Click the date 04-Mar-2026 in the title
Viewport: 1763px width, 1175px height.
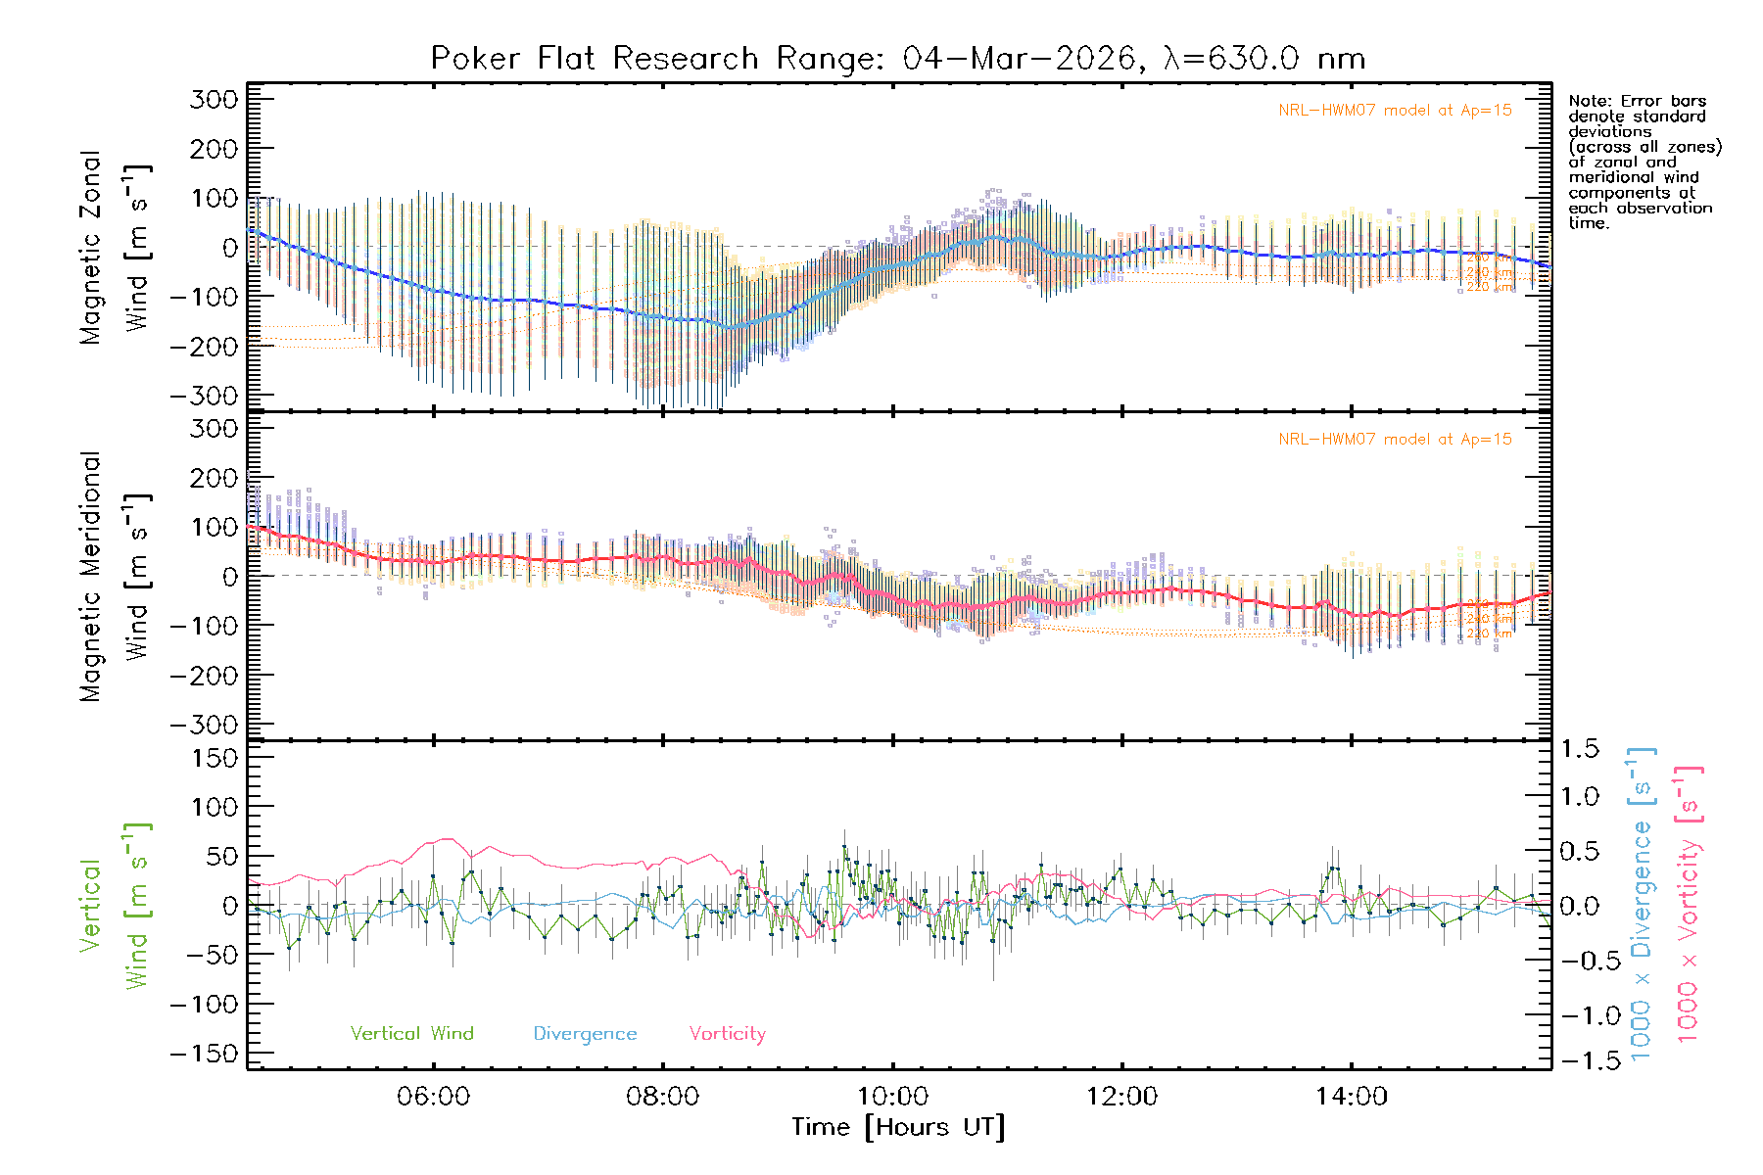[x=1019, y=59]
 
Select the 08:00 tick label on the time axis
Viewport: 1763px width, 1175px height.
[x=663, y=1096]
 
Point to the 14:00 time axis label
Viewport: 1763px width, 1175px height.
[x=1352, y=1096]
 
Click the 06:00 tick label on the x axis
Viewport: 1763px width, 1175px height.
[x=434, y=1096]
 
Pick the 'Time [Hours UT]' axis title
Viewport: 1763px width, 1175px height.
[x=898, y=1127]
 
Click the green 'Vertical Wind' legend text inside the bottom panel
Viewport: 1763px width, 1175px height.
[x=411, y=1033]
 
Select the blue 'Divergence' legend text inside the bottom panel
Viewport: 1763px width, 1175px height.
[x=585, y=1033]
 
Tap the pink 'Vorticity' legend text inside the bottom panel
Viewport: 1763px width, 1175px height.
[x=727, y=1033]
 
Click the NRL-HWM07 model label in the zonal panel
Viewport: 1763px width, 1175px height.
[x=1395, y=111]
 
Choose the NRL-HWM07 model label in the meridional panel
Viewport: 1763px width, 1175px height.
[x=1395, y=440]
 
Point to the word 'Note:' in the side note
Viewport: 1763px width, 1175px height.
[x=1591, y=101]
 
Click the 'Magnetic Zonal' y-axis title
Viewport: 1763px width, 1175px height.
[x=90, y=247]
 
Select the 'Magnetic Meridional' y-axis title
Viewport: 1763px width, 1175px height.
[x=90, y=576]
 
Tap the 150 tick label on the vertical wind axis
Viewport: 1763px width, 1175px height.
[x=214, y=758]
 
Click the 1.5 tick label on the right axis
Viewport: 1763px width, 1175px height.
[x=1580, y=749]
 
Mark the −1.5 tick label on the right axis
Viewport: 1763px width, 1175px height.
[x=1577, y=1060]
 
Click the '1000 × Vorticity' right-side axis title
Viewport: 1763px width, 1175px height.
[x=1689, y=903]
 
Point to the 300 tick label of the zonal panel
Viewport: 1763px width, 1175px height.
[x=214, y=99]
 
